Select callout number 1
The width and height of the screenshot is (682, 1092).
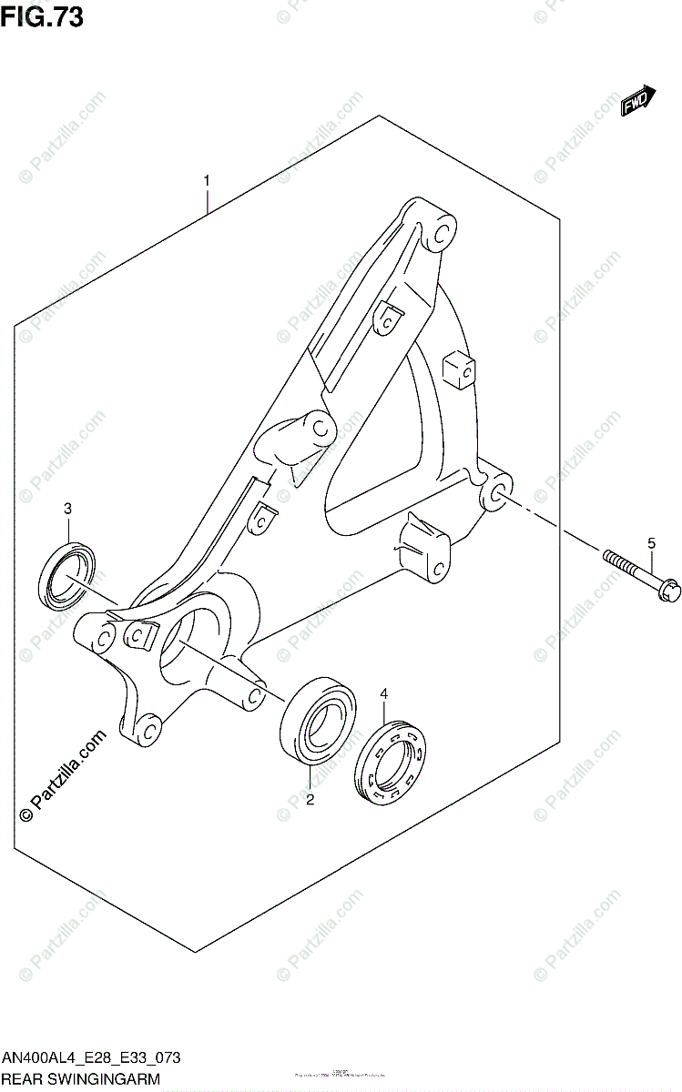(x=208, y=180)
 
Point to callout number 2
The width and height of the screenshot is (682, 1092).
(x=310, y=800)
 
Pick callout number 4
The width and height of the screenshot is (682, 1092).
(x=383, y=694)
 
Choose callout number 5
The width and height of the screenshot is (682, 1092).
(x=651, y=543)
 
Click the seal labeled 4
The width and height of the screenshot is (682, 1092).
(x=393, y=763)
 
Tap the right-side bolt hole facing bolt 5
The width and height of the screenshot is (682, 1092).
(x=498, y=494)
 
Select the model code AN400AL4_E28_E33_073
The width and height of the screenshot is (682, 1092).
(x=91, y=1058)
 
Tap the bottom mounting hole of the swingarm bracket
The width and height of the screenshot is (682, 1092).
(x=148, y=727)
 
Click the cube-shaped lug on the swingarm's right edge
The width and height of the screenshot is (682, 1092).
(x=459, y=369)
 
